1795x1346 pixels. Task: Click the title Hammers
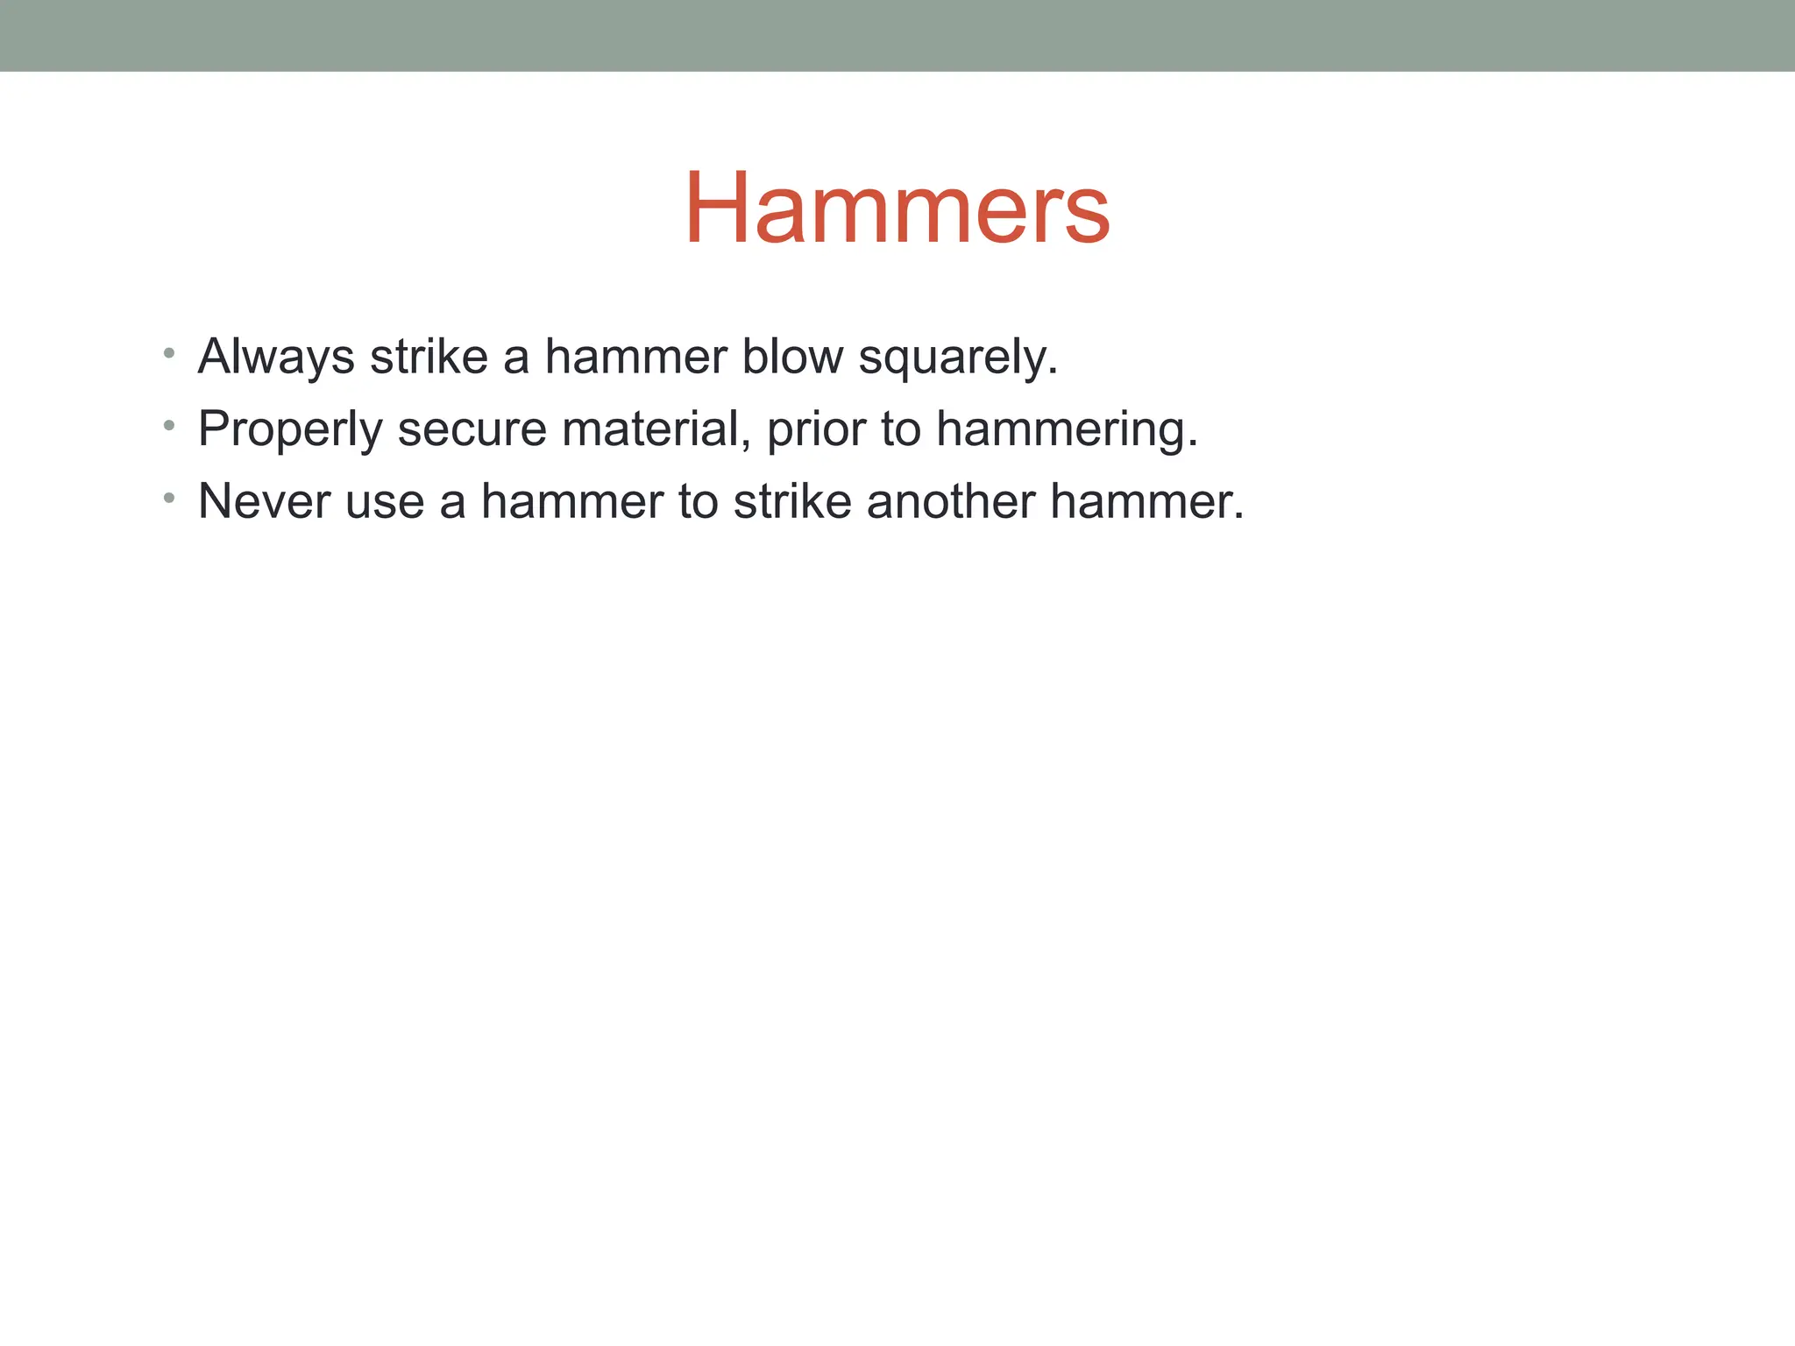coord(897,209)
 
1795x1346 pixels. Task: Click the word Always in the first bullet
coord(276,358)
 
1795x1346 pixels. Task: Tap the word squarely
coord(957,358)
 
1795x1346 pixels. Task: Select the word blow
coord(792,357)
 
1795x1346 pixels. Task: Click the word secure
coord(472,429)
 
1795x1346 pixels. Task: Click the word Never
coord(264,501)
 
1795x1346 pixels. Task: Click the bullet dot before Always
coord(169,354)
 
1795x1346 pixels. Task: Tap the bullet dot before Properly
coord(169,427)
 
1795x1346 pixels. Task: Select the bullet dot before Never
coord(169,499)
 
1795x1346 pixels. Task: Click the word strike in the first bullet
coord(429,357)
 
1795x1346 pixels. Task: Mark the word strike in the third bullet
coord(792,501)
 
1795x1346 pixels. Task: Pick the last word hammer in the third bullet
coord(1141,501)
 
